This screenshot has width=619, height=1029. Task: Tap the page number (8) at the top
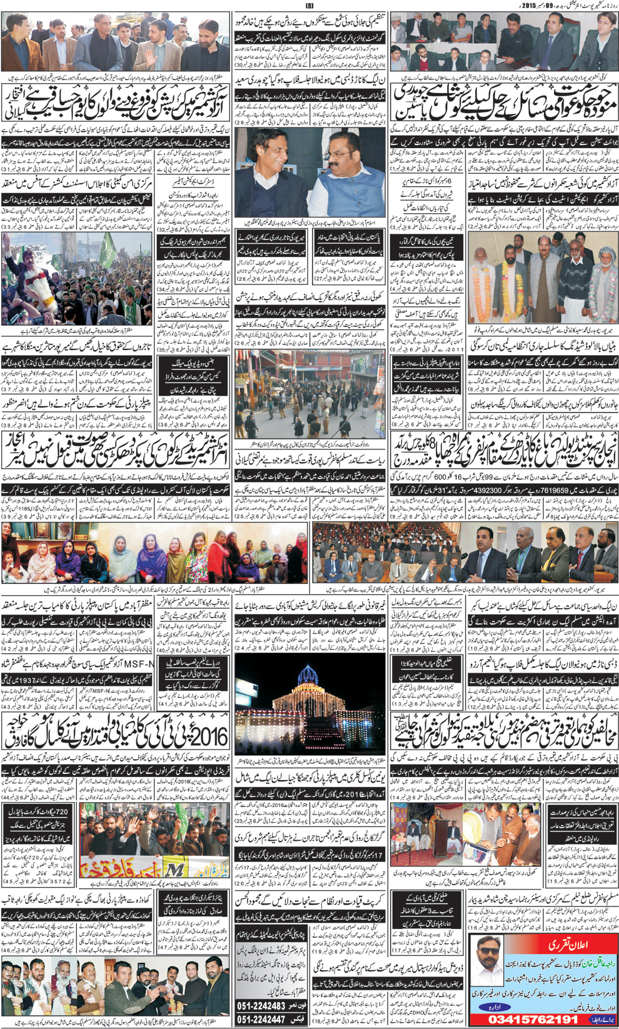(309, 6)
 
